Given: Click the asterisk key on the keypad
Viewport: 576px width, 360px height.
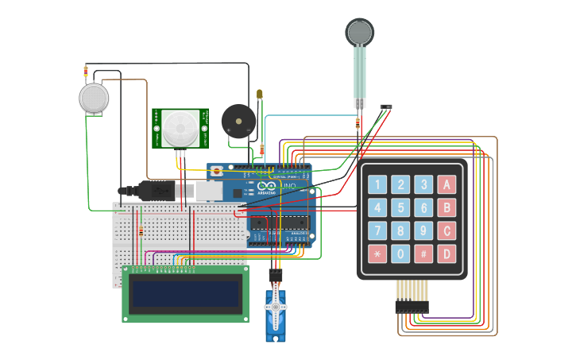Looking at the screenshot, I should tap(377, 254).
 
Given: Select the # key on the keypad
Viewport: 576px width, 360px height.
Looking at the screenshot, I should tap(424, 254).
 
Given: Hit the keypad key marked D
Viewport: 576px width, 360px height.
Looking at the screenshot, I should tap(448, 254).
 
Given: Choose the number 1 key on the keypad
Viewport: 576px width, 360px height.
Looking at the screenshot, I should tap(377, 185).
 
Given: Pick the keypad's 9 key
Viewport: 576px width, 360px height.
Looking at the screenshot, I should tap(424, 231).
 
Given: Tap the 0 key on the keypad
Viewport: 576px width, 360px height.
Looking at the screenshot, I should tap(401, 254).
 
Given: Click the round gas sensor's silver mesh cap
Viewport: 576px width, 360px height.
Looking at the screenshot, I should tap(94, 98).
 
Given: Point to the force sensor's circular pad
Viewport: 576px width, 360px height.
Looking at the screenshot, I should tap(359, 33).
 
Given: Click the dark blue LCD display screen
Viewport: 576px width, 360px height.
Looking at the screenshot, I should tap(185, 294).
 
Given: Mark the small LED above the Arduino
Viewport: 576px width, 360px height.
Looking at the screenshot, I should tap(260, 95).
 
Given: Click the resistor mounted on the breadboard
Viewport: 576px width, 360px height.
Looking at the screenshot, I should tap(141, 231).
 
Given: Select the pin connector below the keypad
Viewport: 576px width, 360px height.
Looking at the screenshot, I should tap(412, 306).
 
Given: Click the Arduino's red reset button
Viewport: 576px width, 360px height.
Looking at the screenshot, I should tap(217, 170).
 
